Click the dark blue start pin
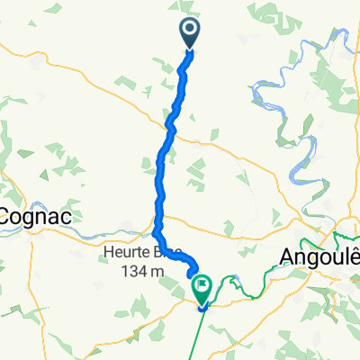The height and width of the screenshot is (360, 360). point(191,34)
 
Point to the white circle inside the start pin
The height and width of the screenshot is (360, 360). point(191,31)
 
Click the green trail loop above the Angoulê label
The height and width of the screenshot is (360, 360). point(345,239)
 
